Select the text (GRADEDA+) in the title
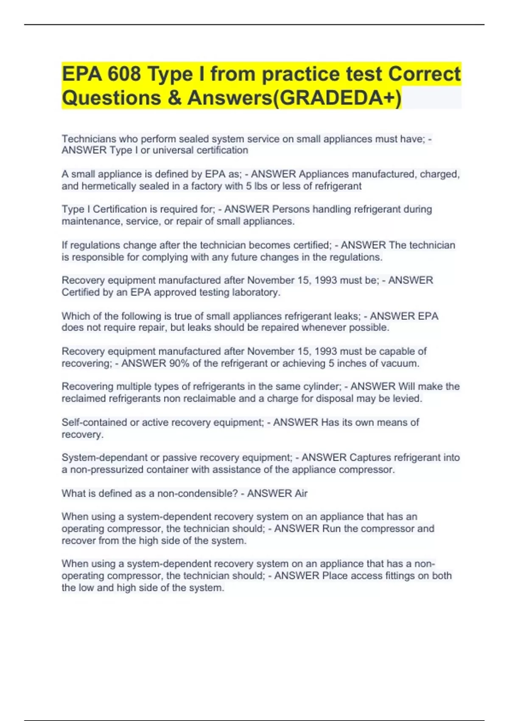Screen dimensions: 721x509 (337, 98)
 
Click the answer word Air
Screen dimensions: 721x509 (299, 494)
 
